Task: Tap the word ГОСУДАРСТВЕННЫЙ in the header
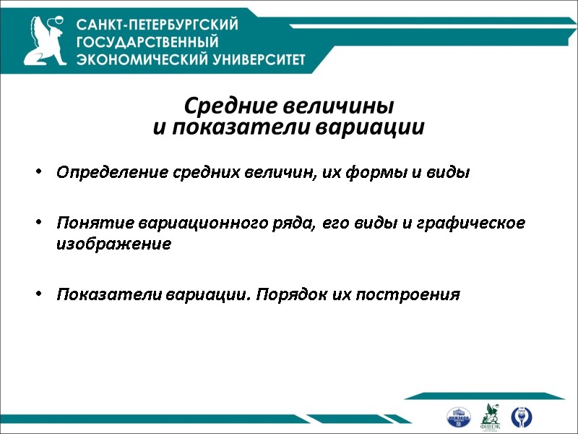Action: (147, 42)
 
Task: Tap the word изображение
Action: (113, 244)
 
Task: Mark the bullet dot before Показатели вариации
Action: (39, 295)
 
